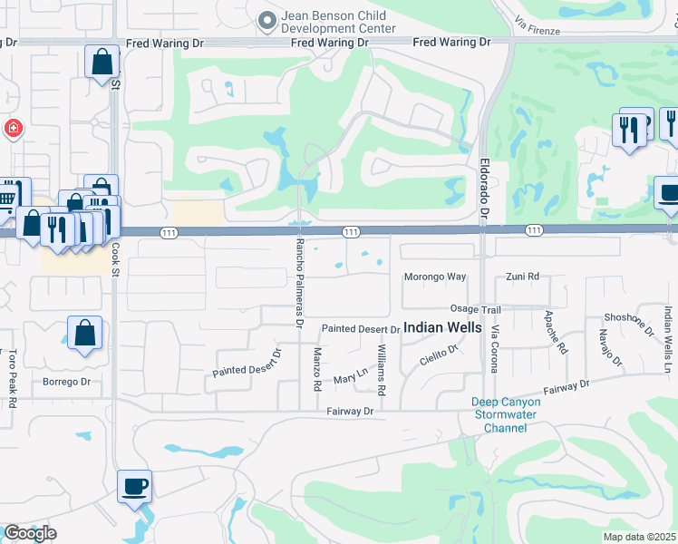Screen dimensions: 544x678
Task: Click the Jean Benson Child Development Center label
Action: pyautogui.click(x=339, y=22)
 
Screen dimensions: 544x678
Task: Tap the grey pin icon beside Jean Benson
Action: pyautogui.click(x=266, y=20)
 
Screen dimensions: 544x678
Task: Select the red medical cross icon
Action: pyautogui.click(x=13, y=128)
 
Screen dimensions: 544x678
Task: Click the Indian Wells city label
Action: pyautogui.click(x=442, y=327)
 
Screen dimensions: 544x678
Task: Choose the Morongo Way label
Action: pyautogui.click(x=434, y=277)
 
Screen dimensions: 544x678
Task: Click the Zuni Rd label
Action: pyautogui.click(x=522, y=277)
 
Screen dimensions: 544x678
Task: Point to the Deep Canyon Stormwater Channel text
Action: pyautogui.click(x=505, y=414)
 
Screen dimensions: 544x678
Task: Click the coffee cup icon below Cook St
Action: pyautogui.click(x=134, y=487)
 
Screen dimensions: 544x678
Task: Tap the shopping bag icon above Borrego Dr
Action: pyautogui.click(x=84, y=333)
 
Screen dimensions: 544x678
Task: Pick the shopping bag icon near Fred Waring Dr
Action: pyautogui.click(x=102, y=63)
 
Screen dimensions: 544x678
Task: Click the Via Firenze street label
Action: pyautogui.click(x=537, y=24)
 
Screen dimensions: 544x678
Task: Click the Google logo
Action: pyautogui.click(x=30, y=533)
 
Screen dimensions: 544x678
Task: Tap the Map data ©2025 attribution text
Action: pyautogui.click(x=640, y=537)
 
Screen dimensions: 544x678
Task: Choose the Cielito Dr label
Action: pyautogui.click(x=440, y=356)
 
